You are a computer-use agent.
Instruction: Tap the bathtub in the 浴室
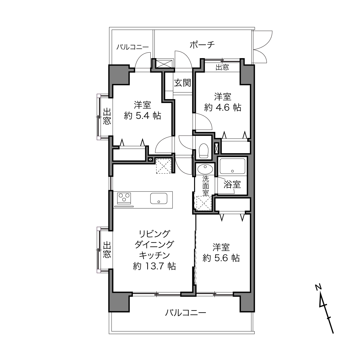pos(232,166)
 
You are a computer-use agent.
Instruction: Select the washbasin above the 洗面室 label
pos(205,169)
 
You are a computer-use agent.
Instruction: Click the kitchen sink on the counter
pos(159,198)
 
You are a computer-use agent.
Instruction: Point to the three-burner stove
pos(124,198)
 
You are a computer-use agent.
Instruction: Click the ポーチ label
pos(202,45)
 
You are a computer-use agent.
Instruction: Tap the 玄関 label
pos(183,83)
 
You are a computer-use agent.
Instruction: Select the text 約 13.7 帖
pos(154,266)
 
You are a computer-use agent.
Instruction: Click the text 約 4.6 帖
pos(223,108)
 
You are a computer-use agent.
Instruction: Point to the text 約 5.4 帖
pos(142,116)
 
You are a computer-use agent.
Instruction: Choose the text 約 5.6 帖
pos(221,258)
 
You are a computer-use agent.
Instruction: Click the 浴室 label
pos(232,185)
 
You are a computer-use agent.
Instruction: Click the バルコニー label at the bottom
pos(185,313)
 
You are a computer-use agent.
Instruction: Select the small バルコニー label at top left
pos(133,47)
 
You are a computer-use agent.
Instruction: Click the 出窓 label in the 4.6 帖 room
pos(222,67)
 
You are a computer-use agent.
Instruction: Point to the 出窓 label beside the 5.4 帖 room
pos(107,116)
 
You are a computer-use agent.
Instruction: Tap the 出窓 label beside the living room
pos(107,250)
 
